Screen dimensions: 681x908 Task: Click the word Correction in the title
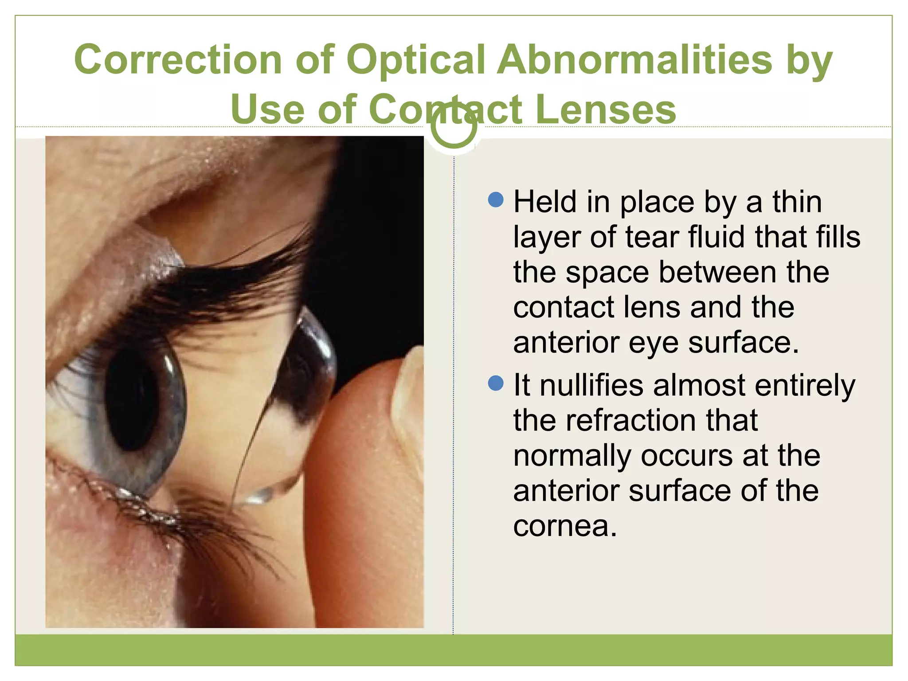click(x=178, y=60)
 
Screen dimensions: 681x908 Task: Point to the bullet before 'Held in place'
click(x=495, y=200)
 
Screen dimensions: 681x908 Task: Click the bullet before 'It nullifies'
click(x=495, y=383)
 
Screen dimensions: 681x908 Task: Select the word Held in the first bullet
click(x=545, y=202)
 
